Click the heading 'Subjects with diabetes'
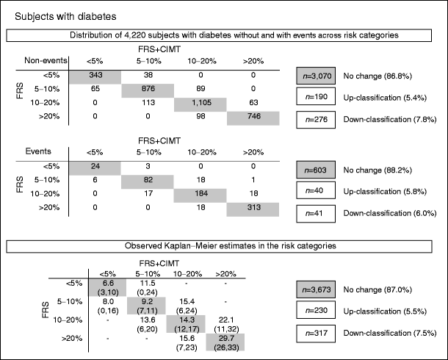pos(54,14)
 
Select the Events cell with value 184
pos(200,193)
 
